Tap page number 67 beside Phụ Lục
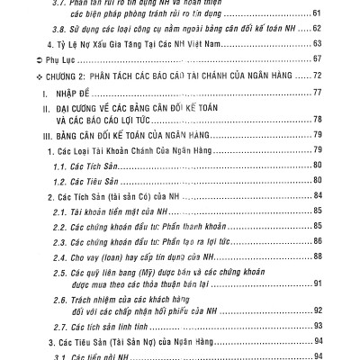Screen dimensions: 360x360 coord(317,58)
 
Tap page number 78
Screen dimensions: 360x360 coord(317,118)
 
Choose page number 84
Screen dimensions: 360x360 coord(317,195)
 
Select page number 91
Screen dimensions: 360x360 coord(317,283)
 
